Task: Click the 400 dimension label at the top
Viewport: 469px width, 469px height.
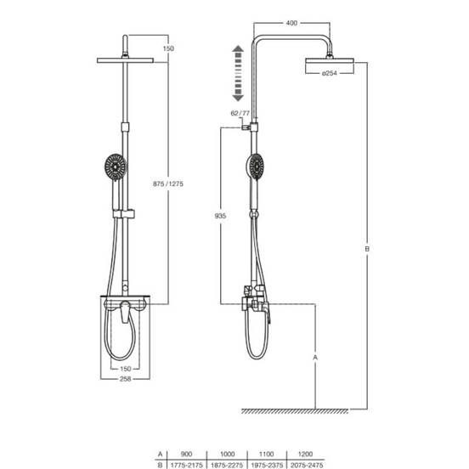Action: (291, 23)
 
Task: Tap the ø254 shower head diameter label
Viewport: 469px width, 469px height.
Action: (330, 73)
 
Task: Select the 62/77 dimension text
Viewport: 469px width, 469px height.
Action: (240, 113)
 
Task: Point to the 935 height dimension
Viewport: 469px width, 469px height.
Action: (220, 216)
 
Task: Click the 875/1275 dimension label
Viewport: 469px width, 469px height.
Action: (168, 184)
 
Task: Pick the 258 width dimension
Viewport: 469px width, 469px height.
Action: (126, 379)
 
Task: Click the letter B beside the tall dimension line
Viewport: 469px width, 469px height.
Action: (367, 249)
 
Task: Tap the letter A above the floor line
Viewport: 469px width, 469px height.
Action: (315, 357)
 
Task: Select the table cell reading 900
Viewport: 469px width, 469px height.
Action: (186, 454)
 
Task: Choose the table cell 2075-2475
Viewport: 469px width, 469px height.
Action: (307, 465)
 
